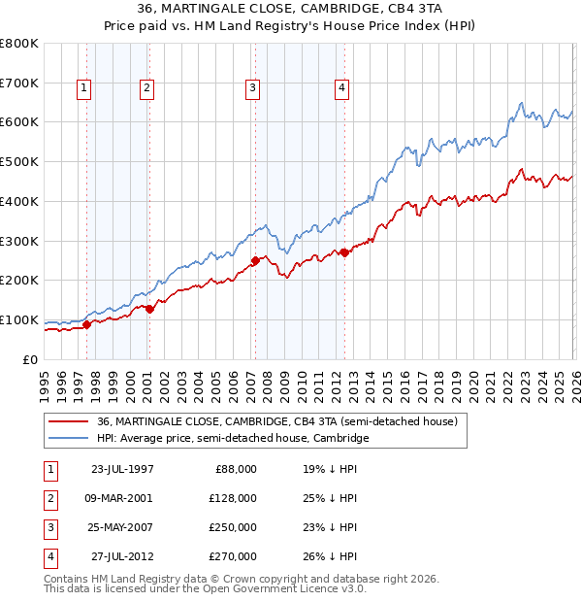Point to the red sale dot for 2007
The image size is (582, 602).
pyautogui.click(x=255, y=260)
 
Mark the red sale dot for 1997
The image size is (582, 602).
pyautogui.click(x=87, y=324)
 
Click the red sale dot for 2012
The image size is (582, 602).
pyautogui.click(x=344, y=252)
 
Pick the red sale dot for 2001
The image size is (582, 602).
pyautogui.click(x=149, y=309)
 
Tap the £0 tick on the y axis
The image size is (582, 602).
pyautogui.click(x=31, y=360)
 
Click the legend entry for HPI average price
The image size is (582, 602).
pyautogui.click(x=233, y=439)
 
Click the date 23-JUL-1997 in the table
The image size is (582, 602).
pyautogui.click(x=121, y=469)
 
